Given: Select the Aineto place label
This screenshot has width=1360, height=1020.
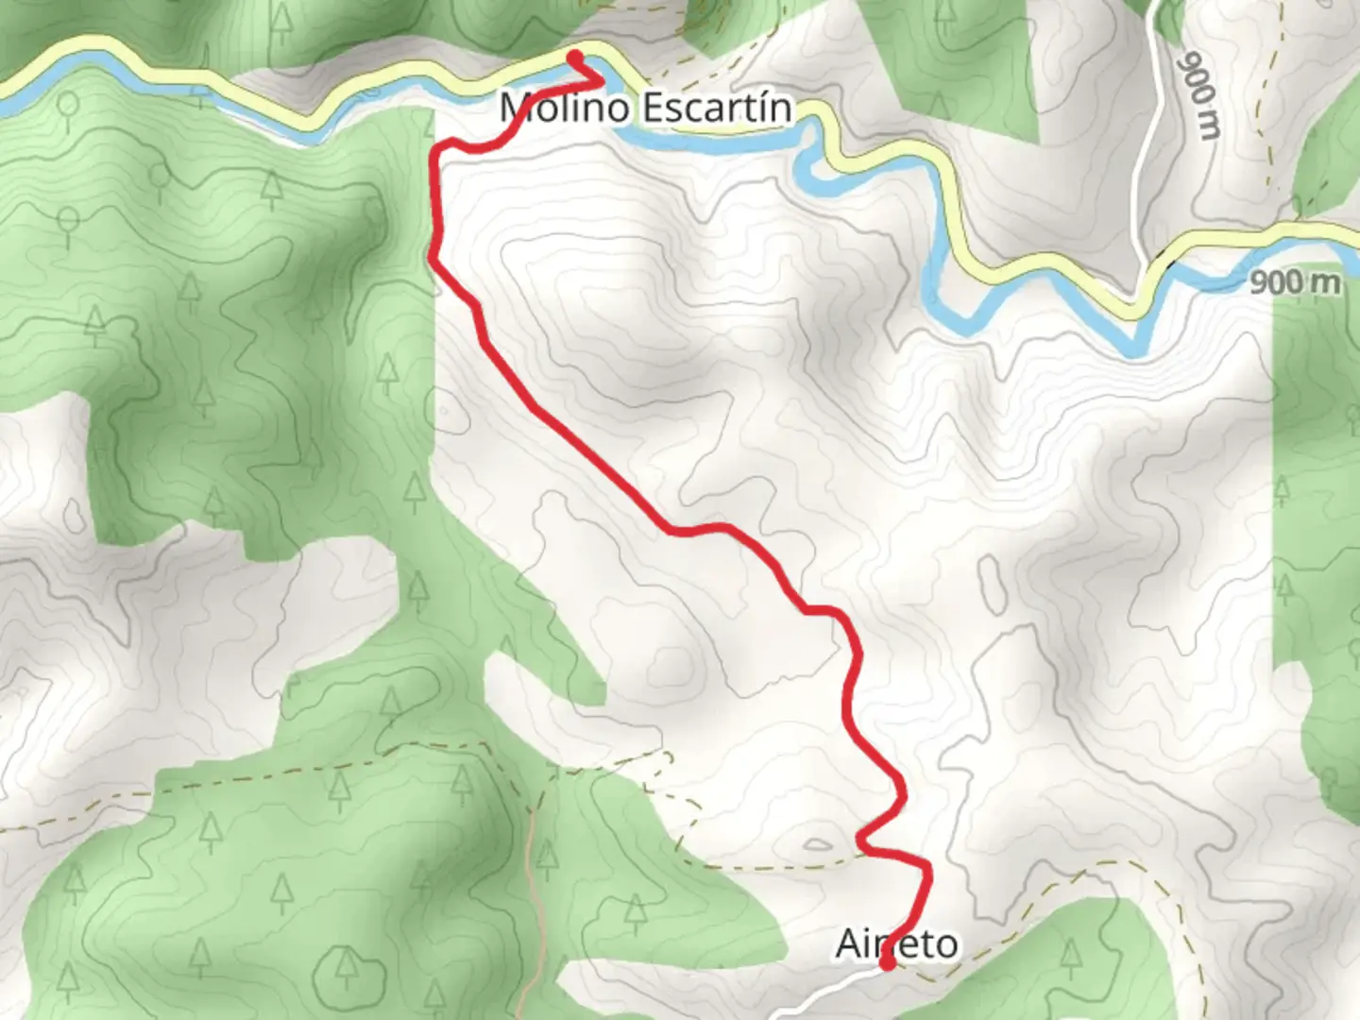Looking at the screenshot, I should [896, 943].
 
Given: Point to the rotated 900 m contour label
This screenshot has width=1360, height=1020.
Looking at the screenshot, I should [1199, 95].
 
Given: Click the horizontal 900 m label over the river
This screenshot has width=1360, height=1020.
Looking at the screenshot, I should [1294, 281].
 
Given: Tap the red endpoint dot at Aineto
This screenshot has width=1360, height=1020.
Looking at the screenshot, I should [888, 963].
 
